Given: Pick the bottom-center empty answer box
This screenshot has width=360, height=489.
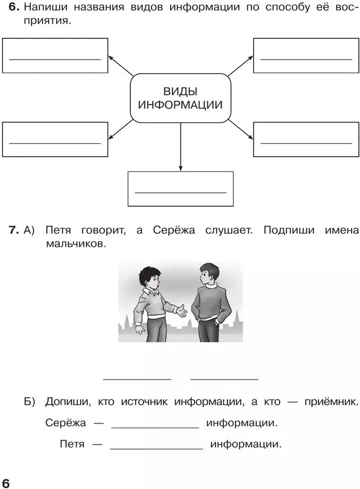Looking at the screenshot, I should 180,188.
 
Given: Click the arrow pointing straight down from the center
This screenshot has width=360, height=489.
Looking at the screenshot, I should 180,146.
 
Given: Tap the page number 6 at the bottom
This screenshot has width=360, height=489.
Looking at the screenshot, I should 6,481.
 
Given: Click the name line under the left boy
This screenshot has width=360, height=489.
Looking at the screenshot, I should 137,380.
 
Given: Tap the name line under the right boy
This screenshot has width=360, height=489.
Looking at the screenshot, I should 224,380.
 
